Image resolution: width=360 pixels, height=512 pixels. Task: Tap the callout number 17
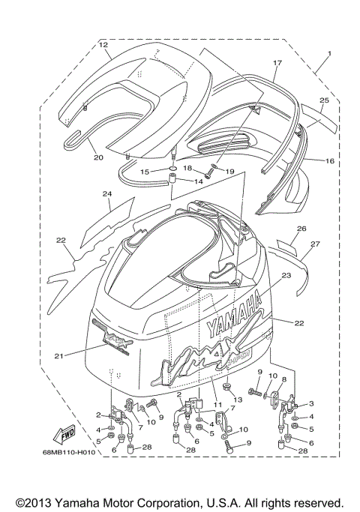coord(277,63)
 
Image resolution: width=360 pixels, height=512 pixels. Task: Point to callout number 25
coord(324,100)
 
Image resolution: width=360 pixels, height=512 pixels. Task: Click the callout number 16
coord(329,160)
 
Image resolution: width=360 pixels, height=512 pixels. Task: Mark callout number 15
coord(145,172)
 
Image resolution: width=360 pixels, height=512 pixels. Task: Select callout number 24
coord(107,193)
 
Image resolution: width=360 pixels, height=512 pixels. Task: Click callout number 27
coord(315,244)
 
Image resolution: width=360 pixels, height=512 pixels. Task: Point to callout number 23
coord(286,275)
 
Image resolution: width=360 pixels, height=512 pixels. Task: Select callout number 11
coord(217,406)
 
